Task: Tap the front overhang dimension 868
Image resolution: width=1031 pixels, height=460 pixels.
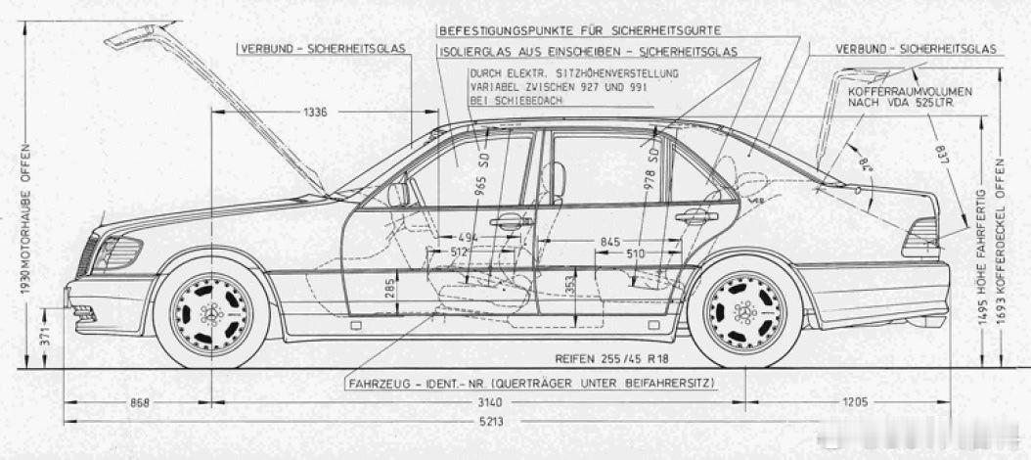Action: click(x=139, y=402)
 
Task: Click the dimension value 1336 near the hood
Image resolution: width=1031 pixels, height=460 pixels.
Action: click(x=315, y=113)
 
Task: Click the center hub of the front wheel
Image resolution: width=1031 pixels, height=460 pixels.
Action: click(x=211, y=313)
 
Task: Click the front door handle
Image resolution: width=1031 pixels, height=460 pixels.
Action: click(x=511, y=222)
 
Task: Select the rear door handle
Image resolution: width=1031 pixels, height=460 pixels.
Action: click(x=695, y=217)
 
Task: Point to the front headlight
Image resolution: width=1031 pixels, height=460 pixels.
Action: click(x=116, y=253)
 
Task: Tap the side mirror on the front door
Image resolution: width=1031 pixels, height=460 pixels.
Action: click(x=399, y=194)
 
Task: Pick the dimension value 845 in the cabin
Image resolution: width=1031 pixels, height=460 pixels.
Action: click(x=609, y=241)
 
